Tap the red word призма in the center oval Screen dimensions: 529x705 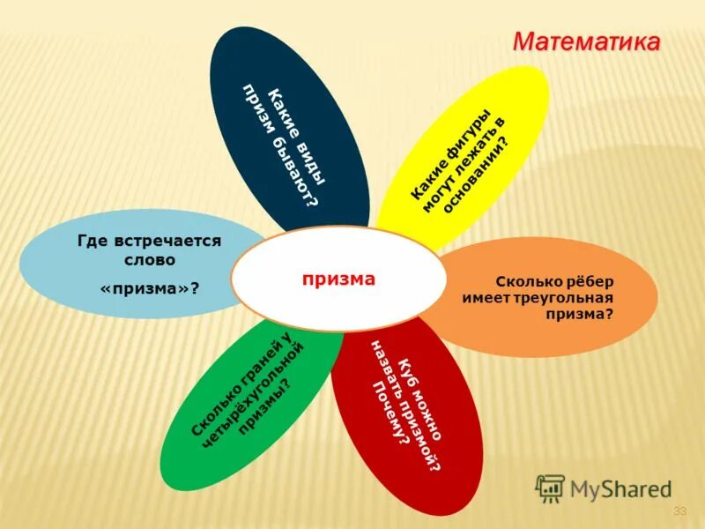tap(338, 279)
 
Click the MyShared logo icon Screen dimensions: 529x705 tap(551, 487)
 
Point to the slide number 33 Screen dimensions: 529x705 tap(679, 511)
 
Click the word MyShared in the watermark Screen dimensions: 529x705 tap(620, 488)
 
